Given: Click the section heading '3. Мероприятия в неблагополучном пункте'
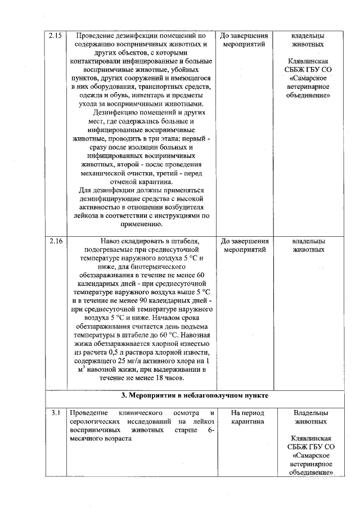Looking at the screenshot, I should (195, 396).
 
